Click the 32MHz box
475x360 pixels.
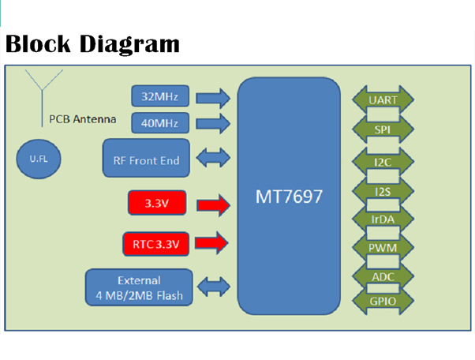[159, 97]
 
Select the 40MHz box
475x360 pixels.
[159, 123]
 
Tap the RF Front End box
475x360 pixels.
[146, 160]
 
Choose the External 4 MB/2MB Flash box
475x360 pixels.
[139, 288]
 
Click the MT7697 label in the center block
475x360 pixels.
[288, 196]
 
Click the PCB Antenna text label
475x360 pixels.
[82, 120]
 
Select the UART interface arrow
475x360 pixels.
[383, 100]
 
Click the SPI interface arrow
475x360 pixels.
[383, 129]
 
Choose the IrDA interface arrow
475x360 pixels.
[383, 219]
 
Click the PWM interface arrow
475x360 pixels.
[383, 248]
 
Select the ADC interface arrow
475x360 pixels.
[383, 276]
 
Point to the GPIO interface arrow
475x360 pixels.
[383, 301]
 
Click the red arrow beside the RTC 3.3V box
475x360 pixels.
[211, 244]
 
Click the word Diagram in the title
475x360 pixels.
[129, 43]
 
